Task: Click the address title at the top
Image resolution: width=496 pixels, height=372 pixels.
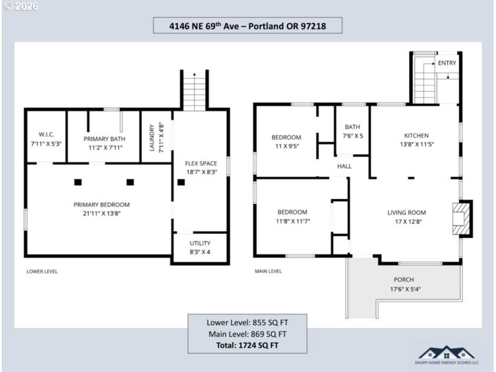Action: coord(247,25)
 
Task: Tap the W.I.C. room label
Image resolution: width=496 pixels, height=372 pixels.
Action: coord(46,135)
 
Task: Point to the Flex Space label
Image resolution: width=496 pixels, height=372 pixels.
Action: coord(201,164)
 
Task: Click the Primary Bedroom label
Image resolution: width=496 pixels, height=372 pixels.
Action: coord(102,205)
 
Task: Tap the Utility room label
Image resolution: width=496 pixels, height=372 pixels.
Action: coord(200,243)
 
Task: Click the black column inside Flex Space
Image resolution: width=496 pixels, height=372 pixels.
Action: coord(182,182)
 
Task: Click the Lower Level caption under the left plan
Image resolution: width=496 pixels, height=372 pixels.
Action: coord(42,271)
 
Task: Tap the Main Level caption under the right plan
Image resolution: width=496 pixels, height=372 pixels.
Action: coord(268,271)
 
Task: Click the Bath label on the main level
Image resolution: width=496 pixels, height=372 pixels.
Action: coord(353,126)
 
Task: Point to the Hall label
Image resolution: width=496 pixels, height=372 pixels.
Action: coord(344,166)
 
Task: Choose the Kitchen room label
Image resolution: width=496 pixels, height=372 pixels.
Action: coord(416,135)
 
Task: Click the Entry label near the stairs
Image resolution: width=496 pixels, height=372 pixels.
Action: coord(446,63)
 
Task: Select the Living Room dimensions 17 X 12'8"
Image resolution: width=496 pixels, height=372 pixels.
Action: coord(407,221)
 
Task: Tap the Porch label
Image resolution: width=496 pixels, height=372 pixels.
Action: coord(404,280)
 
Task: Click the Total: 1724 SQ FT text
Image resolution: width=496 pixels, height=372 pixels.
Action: coord(247,344)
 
